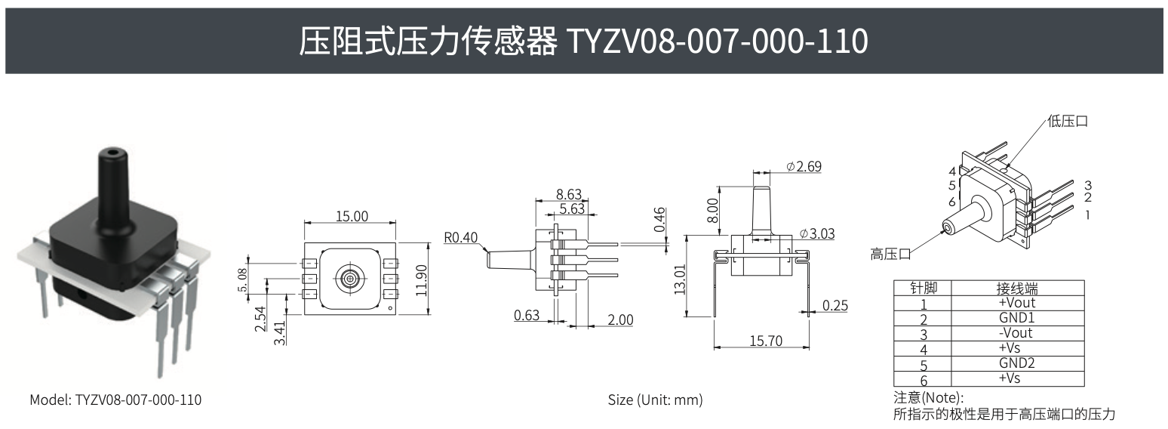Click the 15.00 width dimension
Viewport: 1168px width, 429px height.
pyautogui.click(x=351, y=216)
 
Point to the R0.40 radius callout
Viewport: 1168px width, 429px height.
pyautogui.click(x=461, y=238)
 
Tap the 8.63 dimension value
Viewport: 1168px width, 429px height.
pyautogui.click(x=569, y=194)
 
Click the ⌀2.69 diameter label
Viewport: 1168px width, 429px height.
pyautogui.click(x=804, y=166)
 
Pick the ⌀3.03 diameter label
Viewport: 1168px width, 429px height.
pyautogui.click(x=816, y=233)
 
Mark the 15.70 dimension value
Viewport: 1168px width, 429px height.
pyautogui.click(x=765, y=341)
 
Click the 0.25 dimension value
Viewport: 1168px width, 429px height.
pyautogui.click(x=835, y=305)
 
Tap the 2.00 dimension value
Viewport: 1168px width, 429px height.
pyautogui.click(x=620, y=319)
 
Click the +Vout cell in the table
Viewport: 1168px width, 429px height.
pyautogui.click(x=1016, y=302)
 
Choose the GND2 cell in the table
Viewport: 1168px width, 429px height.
pyautogui.click(x=1016, y=363)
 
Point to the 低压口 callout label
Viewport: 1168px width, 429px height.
pyautogui.click(x=1068, y=121)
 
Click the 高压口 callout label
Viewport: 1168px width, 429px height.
pyautogui.click(x=890, y=254)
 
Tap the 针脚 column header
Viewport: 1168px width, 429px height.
pyautogui.click(x=923, y=288)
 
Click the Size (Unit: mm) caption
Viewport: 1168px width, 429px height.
pyautogui.click(x=655, y=400)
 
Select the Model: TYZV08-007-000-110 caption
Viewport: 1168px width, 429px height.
pyautogui.click(x=115, y=400)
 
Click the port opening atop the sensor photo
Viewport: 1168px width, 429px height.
pyautogui.click(x=112, y=152)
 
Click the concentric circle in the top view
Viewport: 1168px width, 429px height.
pyautogui.click(x=350, y=278)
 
